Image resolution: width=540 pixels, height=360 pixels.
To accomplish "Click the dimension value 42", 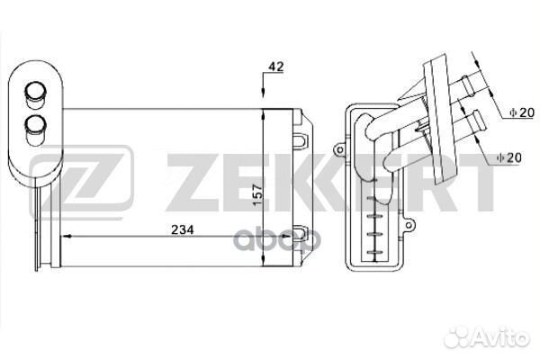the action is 276,67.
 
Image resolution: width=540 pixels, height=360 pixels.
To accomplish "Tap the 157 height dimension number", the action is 257,195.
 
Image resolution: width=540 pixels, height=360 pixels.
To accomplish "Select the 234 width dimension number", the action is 183,229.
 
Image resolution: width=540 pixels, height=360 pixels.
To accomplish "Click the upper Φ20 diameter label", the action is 522,112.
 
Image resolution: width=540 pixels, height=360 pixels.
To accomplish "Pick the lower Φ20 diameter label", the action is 509,157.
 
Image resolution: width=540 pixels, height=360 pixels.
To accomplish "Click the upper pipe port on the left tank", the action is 35,92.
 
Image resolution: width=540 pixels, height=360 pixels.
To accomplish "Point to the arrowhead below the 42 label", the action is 263,93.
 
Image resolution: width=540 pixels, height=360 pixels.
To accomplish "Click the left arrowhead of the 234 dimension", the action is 66,237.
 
